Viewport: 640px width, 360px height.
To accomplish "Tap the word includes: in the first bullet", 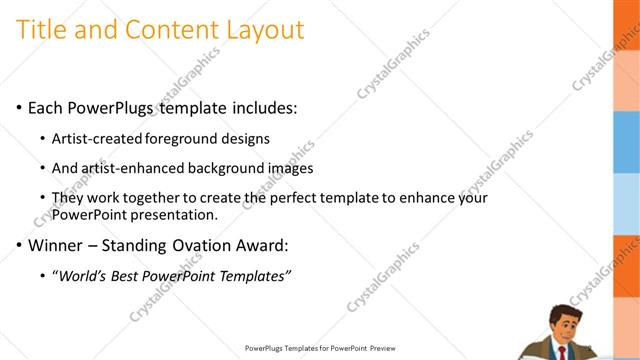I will (x=263, y=107).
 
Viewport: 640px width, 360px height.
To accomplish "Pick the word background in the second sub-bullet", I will (x=228, y=168).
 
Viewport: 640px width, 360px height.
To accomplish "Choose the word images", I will (x=289, y=168).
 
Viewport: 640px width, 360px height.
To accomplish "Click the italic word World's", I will (x=85, y=275).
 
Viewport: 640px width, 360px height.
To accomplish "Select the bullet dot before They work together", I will (x=42, y=199).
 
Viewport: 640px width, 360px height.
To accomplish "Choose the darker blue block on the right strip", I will (x=626, y=134).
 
